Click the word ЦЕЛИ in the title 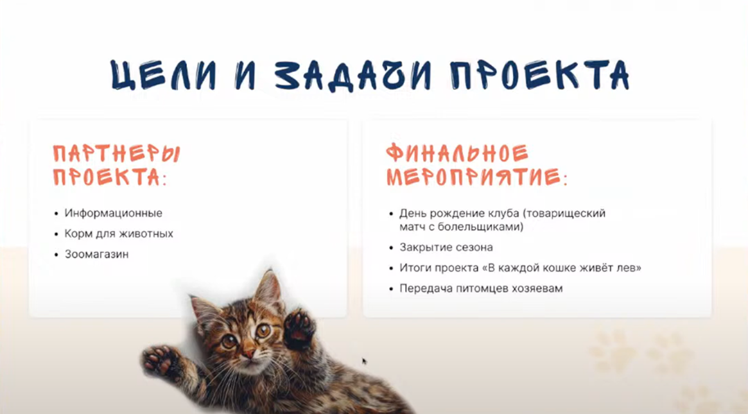[163, 75]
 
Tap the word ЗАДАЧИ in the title [353, 75]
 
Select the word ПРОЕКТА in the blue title [540, 75]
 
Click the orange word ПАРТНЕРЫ [116, 153]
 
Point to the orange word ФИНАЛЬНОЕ [457, 153]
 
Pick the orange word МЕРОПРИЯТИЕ [473, 177]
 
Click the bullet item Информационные [114, 213]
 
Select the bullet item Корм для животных [119, 234]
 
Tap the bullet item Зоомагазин [97, 255]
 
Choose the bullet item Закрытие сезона [446, 248]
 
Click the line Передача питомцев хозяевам [481, 288]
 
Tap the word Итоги [413, 268]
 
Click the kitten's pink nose [249, 354]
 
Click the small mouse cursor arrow [364, 361]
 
